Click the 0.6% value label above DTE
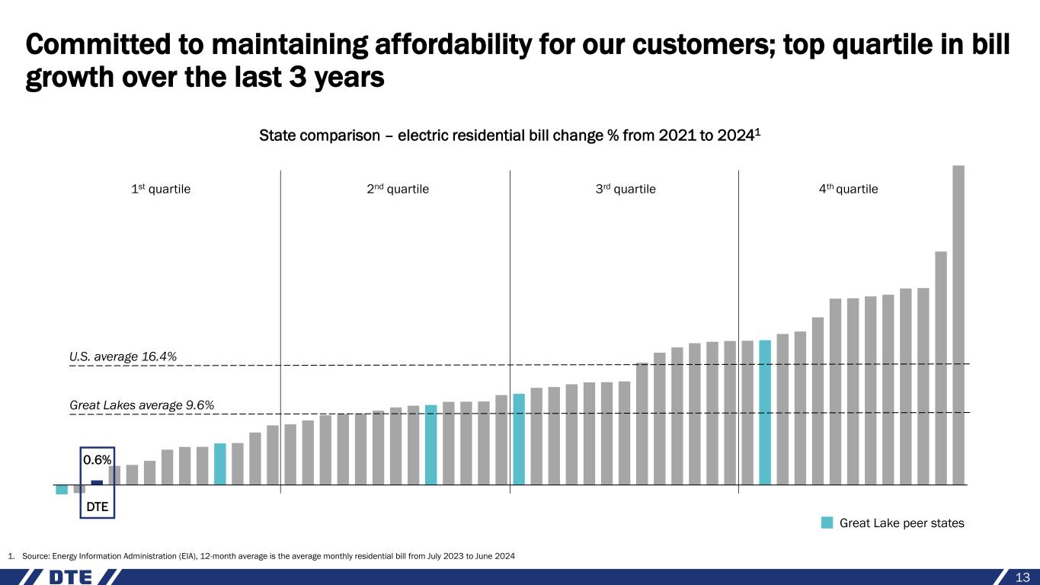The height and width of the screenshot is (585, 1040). tap(97, 460)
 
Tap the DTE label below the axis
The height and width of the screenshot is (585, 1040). tap(97, 506)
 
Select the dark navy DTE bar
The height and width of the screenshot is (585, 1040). tap(97, 482)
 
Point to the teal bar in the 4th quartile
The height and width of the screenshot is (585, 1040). tap(765, 412)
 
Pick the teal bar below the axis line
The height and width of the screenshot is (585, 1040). tap(62, 489)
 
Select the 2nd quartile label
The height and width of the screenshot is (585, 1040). tap(398, 189)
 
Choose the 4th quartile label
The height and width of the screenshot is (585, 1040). tap(848, 189)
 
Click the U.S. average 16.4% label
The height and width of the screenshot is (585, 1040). tap(123, 356)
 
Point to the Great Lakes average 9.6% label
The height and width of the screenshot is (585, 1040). tap(142, 405)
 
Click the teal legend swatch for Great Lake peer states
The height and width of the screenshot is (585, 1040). tap(827, 523)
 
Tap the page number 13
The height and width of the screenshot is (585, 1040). tap(1022, 577)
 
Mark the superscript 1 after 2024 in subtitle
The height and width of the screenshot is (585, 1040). tap(759, 132)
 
